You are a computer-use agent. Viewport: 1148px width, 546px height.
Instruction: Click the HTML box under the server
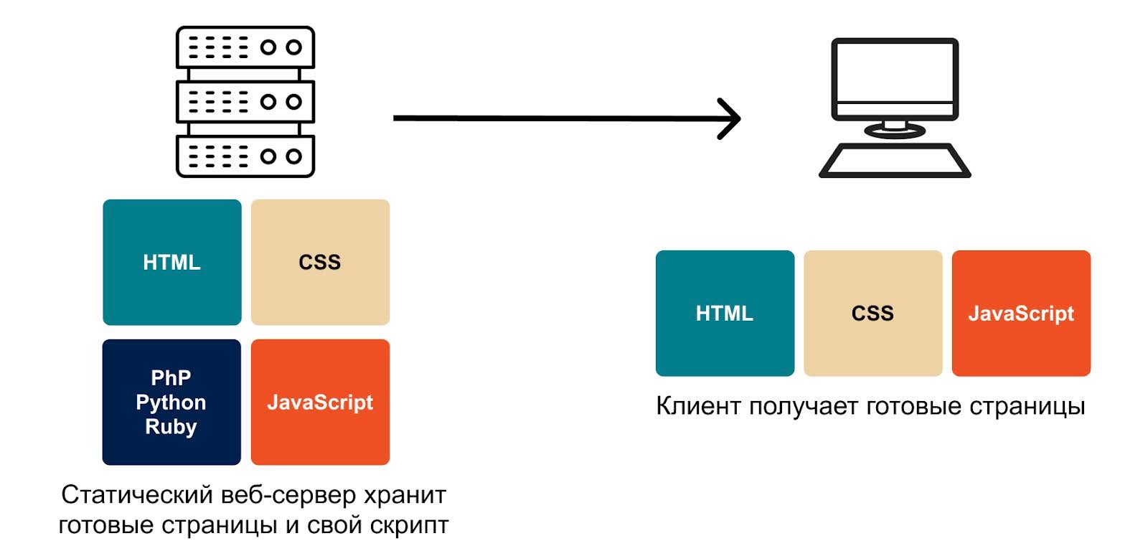(172, 262)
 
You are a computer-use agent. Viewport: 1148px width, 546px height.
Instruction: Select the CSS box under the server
(320, 262)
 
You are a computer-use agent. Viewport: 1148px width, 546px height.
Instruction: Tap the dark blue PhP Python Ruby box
(171, 402)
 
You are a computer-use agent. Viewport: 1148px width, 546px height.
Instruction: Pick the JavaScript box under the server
(320, 402)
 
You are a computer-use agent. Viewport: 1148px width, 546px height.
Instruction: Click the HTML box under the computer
(725, 313)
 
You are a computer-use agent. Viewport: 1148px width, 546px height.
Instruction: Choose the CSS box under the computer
(872, 313)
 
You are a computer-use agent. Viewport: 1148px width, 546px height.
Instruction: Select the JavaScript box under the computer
(1021, 313)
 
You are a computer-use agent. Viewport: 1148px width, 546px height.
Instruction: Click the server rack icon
(245, 102)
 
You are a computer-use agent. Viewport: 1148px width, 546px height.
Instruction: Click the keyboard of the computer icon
(895, 160)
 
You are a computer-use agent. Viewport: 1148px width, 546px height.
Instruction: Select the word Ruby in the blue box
(171, 427)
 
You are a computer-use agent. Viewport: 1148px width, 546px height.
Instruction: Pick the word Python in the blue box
(171, 403)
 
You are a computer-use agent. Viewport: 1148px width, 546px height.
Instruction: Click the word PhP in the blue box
(171, 377)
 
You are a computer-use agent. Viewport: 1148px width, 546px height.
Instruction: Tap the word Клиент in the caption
(698, 406)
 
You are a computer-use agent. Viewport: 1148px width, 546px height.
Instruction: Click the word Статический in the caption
(137, 495)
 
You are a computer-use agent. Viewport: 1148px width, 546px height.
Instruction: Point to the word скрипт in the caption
(409, 525)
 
